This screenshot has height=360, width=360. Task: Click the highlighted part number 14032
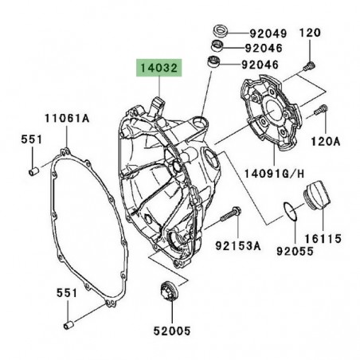click(x=158, y=69)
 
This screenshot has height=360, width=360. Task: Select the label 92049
click(x=264, y=33)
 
